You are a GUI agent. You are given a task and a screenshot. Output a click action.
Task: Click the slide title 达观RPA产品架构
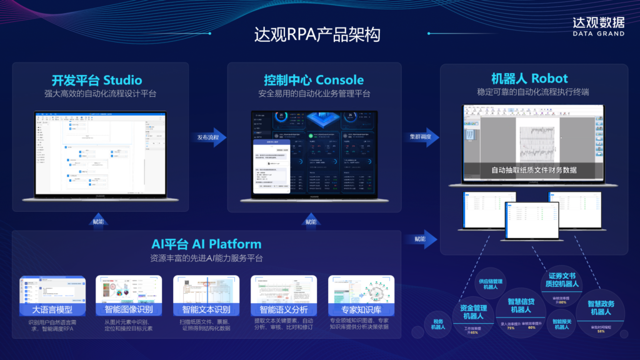(317, 34)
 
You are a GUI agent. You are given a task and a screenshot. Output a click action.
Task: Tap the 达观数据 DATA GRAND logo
(598, 26)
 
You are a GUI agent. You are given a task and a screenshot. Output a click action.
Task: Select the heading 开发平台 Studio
(97, 80)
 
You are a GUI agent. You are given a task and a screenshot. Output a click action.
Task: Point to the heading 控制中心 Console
(314, 80)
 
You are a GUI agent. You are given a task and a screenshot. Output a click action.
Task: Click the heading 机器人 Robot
(529, 78)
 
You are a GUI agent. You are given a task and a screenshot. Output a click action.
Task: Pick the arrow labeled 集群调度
(424, 137)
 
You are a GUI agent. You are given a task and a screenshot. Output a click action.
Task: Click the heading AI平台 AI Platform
(206, 244)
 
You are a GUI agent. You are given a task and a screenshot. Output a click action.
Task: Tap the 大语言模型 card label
(52, 309)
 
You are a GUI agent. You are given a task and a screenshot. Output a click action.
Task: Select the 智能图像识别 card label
(129, 309)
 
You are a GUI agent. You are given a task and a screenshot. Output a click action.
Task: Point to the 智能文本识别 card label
(206, 309)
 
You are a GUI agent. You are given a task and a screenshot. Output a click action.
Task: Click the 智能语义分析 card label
(283, 309)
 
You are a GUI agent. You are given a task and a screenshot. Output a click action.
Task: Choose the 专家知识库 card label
(360, 309)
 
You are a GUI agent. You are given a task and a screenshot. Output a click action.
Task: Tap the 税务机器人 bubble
(438, 324)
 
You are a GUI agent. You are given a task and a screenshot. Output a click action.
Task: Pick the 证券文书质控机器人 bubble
(562, 280)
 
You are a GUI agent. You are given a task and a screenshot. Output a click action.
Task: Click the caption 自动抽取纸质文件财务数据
(534, 170)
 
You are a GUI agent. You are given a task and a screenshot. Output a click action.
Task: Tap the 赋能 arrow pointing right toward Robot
(419, 239)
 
